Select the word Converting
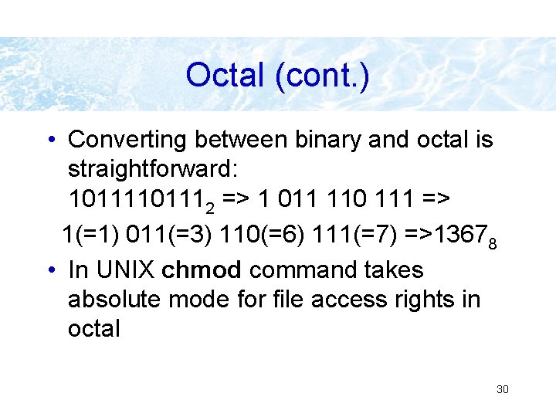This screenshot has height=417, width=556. [127, 140]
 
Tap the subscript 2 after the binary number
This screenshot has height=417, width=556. [209, 206]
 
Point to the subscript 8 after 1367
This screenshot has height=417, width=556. [493, 244]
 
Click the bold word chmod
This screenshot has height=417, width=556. [202, 270]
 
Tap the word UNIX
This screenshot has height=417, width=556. [121, 270]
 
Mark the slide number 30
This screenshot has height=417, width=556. [502, 389]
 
